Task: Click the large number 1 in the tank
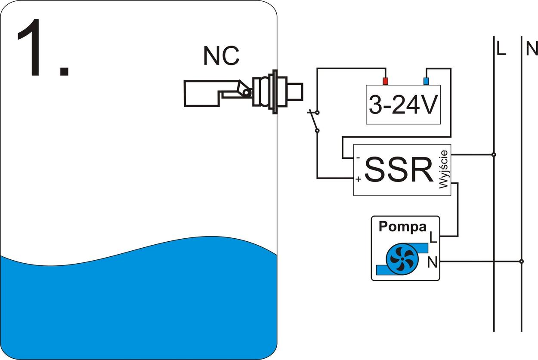(x=37, y=48)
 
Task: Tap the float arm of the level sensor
(x=202, y=93)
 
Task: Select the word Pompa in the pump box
(x=402, y=227)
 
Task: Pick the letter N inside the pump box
(x=432, y=262)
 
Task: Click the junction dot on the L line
(x=494, y=154)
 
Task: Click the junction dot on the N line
(x=521, y=261)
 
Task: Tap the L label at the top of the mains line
(x=501, y=49)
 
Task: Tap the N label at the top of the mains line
(x=532, y=49)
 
